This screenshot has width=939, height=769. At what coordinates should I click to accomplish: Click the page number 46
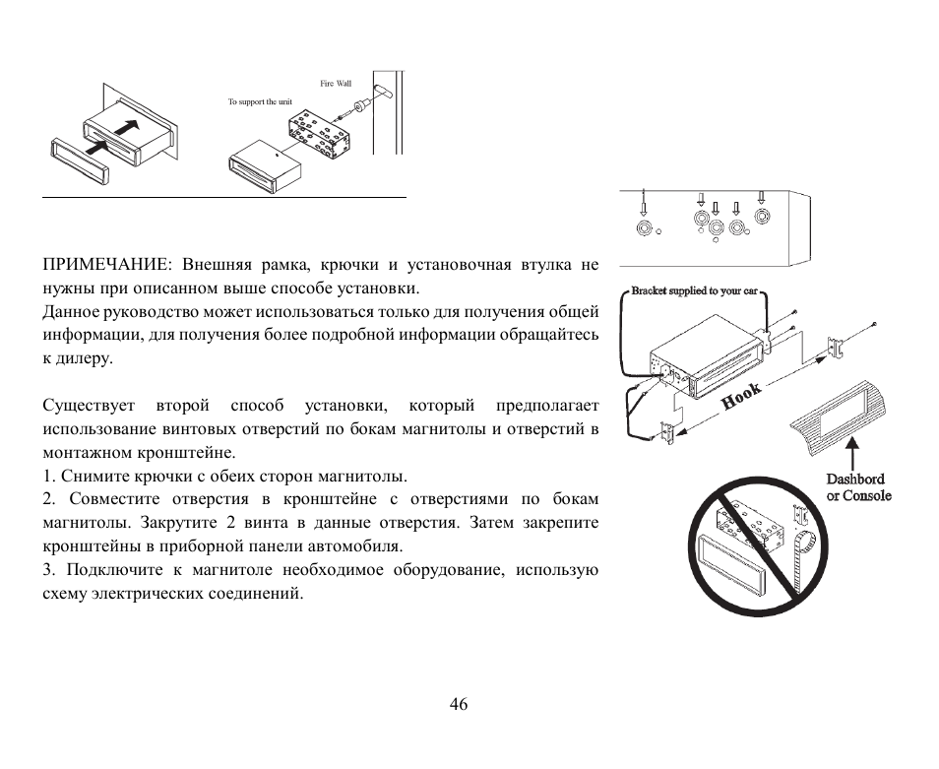(x=458, y=704)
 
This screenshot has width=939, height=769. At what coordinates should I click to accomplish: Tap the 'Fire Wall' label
(x=336, y=84)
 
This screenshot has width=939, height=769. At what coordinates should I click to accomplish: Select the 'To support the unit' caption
(x=260, y=102)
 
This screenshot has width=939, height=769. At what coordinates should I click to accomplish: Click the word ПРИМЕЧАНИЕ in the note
(x=102, y=265)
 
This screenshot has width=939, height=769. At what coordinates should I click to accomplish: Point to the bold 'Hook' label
(x=742, y=396)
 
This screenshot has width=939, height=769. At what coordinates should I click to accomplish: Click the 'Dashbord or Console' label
(x=858, y=487)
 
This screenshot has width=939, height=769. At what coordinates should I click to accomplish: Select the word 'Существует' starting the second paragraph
(x=87, y=406)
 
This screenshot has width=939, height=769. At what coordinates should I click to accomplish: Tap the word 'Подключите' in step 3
(x=111, y=570)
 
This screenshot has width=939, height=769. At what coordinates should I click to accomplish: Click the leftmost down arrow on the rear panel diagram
(x=644, y=201)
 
